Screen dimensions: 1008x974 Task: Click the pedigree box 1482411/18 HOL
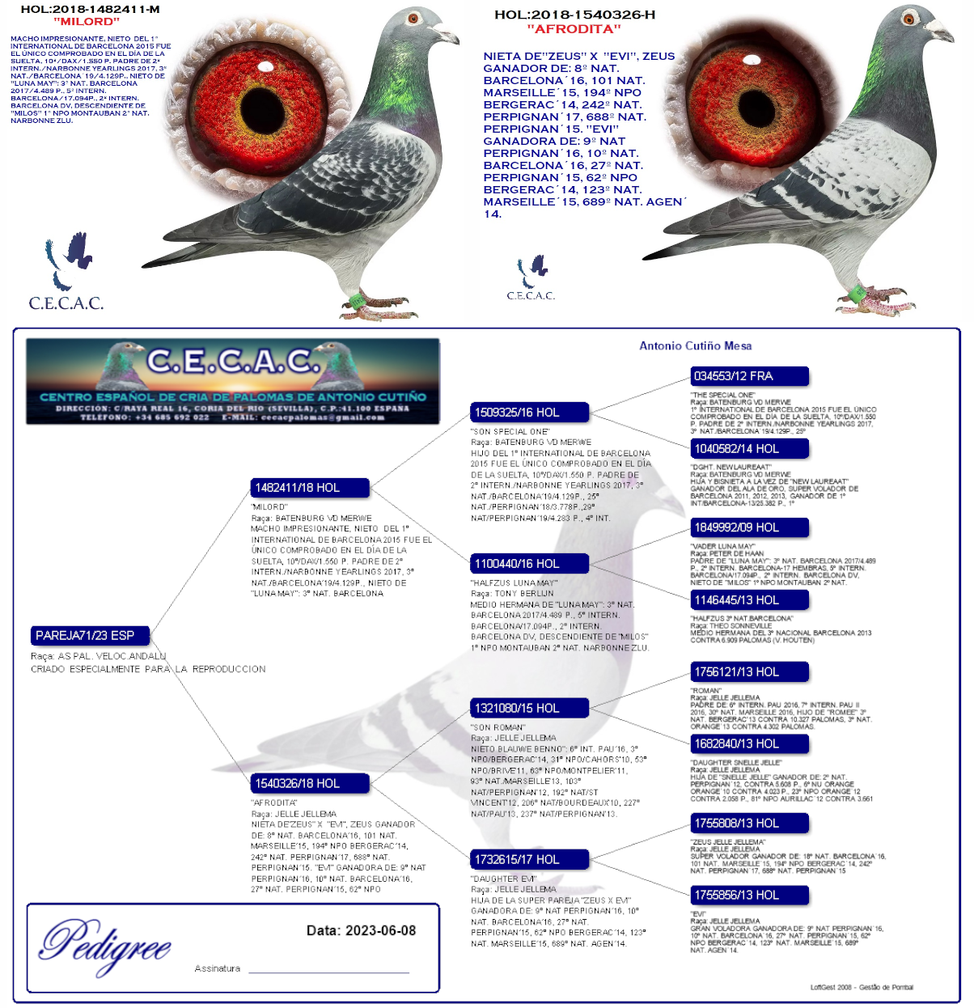pyautogui.click(x=310, y=488)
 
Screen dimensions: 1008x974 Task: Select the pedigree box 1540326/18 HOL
pyautogui.click(x=310, y=783)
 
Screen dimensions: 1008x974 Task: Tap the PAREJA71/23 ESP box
pyautogui.click(x=90, y=636)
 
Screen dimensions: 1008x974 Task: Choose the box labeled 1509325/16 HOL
pyautogui.click(x=529, y=413)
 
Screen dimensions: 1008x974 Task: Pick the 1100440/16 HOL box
pyautogui.click(x=529, y=564)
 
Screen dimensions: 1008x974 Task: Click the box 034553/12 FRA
pyautogui.click(x=749, y=376)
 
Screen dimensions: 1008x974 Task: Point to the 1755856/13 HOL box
pyautogui.click(x=749, y=896)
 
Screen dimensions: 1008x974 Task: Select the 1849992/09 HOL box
pyautogui.click(x=749, y=527)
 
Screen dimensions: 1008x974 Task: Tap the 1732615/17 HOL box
pyautogui.click(x=529, y=859)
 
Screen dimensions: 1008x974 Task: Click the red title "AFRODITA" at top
pyautogui.click(x=574, y=29)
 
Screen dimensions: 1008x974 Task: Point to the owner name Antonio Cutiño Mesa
pyautogui.click(x=695, y=346)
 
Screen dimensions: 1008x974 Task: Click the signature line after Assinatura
pyautogui.click(x=328, y=969)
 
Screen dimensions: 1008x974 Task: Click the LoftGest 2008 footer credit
pyautogui.click(x=862, y=987)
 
